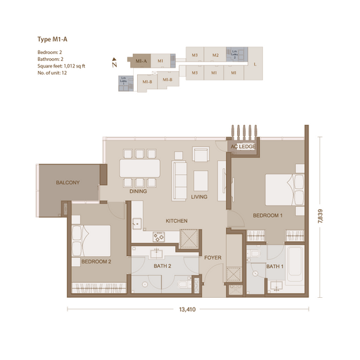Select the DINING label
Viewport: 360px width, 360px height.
click(x=138, y=191)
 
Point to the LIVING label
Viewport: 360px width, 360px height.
click(x=199, y=197)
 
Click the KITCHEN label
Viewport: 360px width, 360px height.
click(x=176, y=221)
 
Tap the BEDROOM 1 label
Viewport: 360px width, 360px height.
click(x=267, y=215)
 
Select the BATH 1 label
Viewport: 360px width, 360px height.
click(x=274, y=267)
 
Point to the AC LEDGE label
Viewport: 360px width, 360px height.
click(x=242, y=147)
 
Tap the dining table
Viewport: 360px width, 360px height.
click(x=140, y=168)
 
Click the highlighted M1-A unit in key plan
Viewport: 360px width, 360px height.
click(x=141, y=61)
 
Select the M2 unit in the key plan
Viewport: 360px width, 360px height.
click(x=215, y=55)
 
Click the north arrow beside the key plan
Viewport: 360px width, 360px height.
click(x=115, y=65)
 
